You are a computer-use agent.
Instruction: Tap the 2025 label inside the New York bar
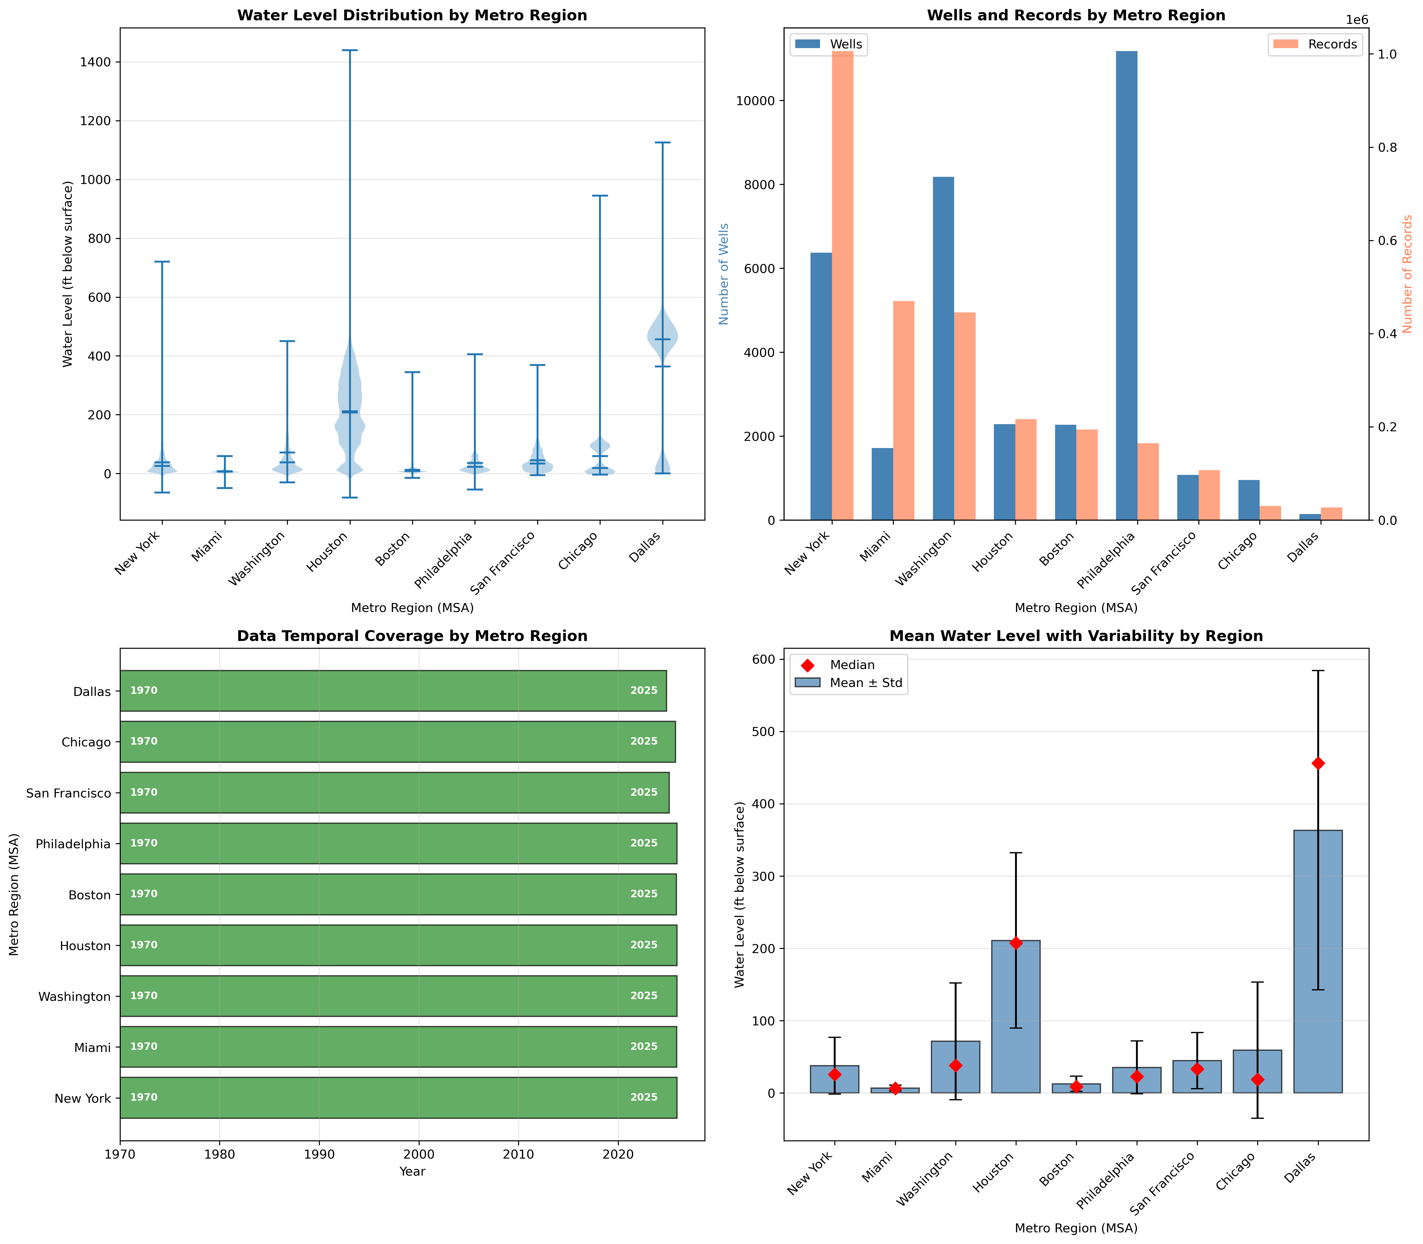[x=644, y=1098]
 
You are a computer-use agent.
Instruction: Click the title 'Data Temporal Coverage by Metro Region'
[x=412, y=636]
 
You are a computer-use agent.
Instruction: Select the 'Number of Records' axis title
[x=1407, y=274]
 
